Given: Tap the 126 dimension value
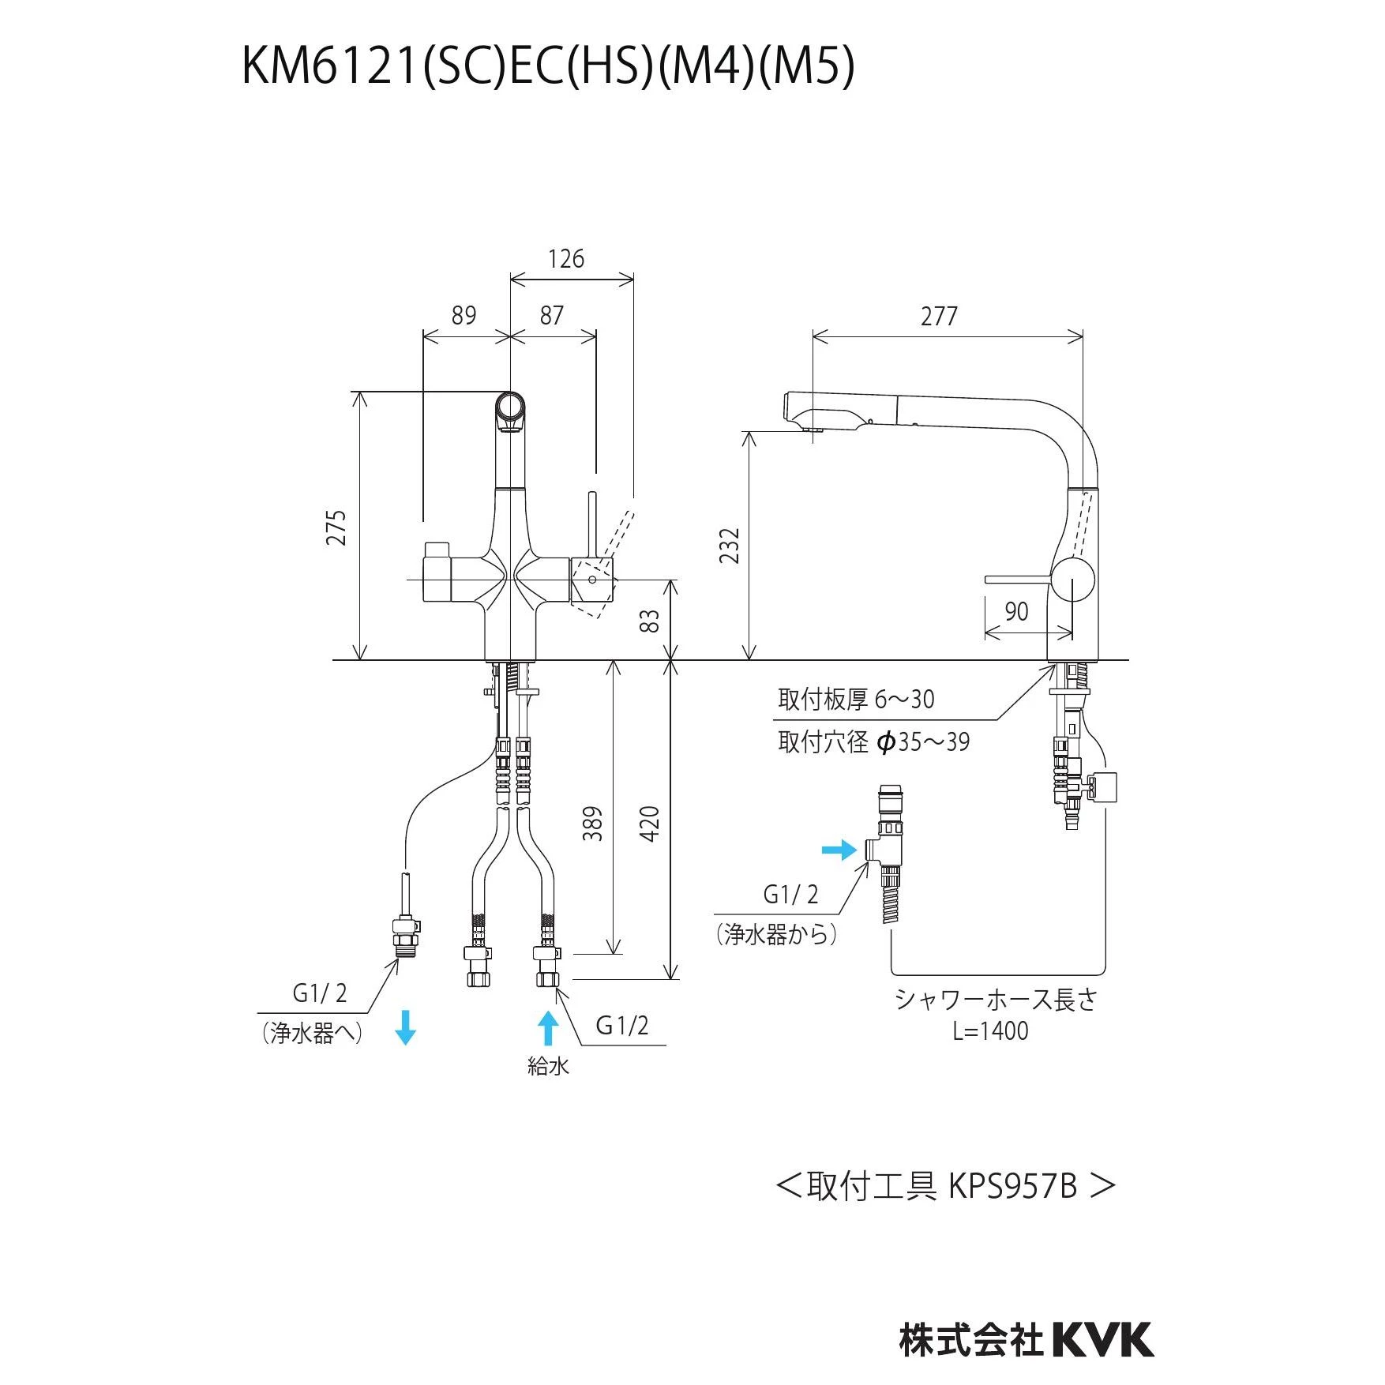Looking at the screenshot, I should tap(566, 259).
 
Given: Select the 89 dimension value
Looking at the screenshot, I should tap(464, 315).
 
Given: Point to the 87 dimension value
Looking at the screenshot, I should tap(551, 315).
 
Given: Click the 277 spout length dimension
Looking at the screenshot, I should tap(939, 316).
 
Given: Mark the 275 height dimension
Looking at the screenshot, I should tap(336, 527).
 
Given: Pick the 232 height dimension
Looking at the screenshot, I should tap(730, 545).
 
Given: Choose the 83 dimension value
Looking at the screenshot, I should tap(649, 621).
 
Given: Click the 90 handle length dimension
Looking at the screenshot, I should tap(1016, 611).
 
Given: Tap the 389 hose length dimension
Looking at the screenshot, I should tap(593, 823).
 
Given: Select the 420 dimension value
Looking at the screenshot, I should tap(649, 823).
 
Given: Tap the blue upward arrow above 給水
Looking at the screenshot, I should tap(548, 1028).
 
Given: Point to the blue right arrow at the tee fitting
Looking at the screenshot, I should tap(839, 850).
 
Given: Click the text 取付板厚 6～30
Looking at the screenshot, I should tap(856, 699).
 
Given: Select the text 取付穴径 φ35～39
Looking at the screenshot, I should tap(873, 741).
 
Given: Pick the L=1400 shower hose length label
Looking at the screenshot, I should tap(990, 1031).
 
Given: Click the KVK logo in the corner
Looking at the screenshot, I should tap(1102, 1340).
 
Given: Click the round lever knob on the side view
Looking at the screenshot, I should tap(1072, 579).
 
